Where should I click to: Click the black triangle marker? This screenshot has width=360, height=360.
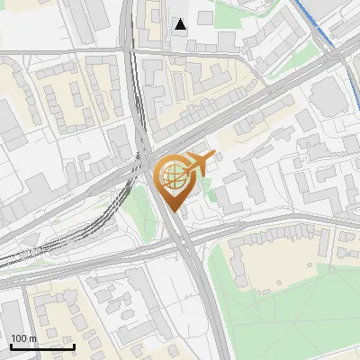pyautogui.click(x=181, y=24)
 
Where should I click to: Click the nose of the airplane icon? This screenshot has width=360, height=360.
pyautogui.click(x=215, y=155)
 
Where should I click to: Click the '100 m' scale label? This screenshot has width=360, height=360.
pyautogui.click(x=22, y=338)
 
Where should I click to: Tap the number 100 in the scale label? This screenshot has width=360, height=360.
pyautogui.click(x=18, y=338)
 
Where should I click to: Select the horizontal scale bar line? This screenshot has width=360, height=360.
pyautogui.click(x=42, y=346)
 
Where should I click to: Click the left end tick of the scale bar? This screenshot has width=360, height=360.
pyautogui.click(x=11, y=345)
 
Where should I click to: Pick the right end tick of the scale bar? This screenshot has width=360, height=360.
pyautogui.click(x=74, y=345)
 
